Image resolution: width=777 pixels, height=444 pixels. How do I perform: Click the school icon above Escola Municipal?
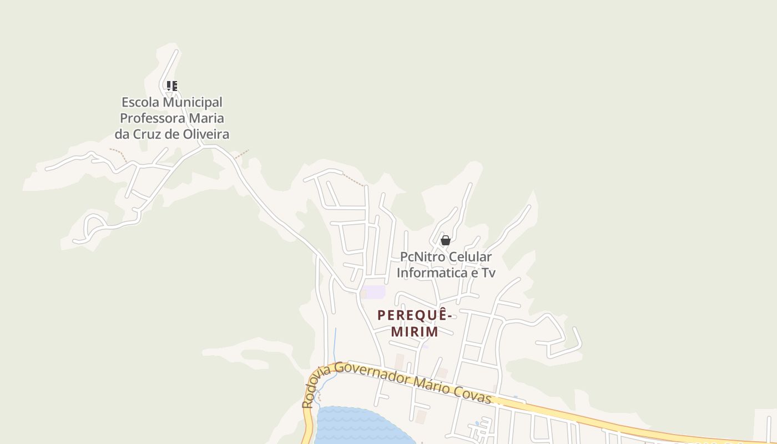tap(172, 86)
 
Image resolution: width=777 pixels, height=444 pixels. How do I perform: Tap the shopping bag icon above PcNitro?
tap(445, 240)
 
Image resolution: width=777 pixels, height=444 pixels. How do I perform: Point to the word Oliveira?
tap(206, 134)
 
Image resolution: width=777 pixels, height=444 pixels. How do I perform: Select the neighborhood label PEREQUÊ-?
tap(415, 315)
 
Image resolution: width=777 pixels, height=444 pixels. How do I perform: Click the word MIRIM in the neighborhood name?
tap(415, 332)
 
